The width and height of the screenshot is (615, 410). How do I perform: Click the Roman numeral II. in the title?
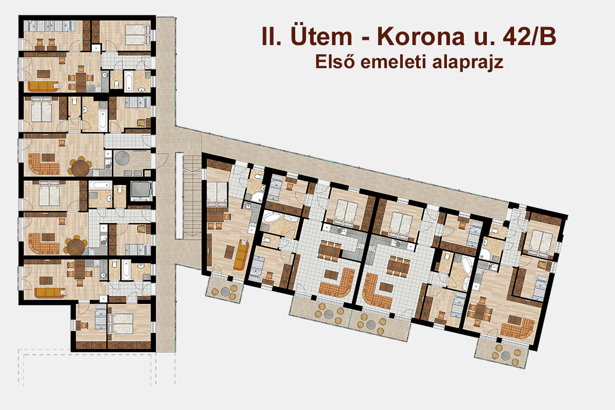coord(271,36)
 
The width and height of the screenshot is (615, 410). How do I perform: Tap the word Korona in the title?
coord(421,36)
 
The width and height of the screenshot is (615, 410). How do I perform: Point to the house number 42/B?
coord(529,36)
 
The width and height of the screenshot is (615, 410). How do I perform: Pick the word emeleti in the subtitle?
coord(394,62)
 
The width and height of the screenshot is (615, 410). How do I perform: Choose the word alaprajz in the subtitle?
coord(467,63)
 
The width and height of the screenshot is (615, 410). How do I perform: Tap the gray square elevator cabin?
coord(141,189)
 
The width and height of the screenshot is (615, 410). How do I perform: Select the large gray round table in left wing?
coord(122,158)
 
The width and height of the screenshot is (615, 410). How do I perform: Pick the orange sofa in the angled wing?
coord(240,255)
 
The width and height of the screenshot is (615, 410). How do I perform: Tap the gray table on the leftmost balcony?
coord(225,292)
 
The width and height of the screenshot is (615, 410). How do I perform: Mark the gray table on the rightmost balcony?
coord(506,356)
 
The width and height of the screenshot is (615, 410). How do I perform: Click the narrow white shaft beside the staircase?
coord(179,196)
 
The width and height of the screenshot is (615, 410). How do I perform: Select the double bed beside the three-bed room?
coord(138,35)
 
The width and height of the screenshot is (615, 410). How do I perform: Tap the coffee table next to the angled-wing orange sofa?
coord(229,252)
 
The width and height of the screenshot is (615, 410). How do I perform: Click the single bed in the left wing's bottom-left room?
coord(100,316)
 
